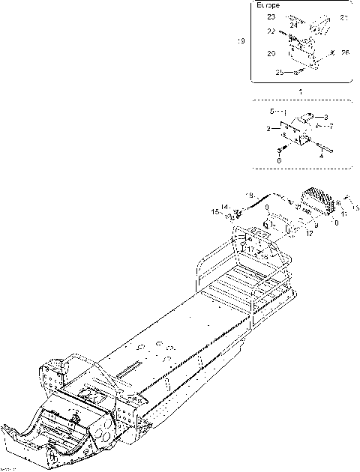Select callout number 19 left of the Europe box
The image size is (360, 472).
click(241, 42)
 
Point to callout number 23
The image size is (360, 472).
click(271, 16)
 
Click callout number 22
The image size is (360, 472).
click(271, 31)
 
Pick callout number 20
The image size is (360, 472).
click(271, 53)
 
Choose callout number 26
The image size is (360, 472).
click(344, 52)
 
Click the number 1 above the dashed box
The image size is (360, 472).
click(301, 91)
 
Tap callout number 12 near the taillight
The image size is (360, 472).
click(308, 234)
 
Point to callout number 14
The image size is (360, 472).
click(226, 207)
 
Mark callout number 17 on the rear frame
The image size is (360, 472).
click(250, 249)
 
